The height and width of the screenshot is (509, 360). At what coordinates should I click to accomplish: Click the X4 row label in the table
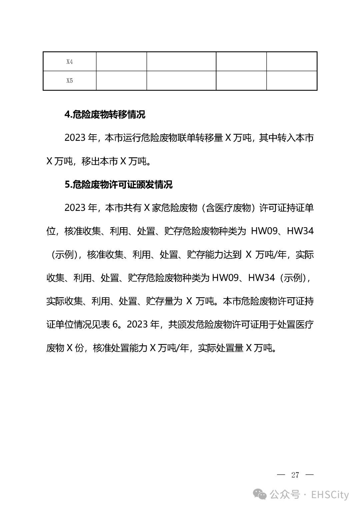[69, 62]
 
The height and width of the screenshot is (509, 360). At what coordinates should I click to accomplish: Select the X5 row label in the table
[69, 81]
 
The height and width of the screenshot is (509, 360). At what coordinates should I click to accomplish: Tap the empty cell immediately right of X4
[121, 62]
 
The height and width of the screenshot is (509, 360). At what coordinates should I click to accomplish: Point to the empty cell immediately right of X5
[121, 81]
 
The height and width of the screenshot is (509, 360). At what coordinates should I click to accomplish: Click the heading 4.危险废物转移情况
[105, 115]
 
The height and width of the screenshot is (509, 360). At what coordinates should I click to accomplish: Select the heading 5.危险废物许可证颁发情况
[118, 185]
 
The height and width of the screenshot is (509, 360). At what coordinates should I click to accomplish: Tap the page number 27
[295, 475]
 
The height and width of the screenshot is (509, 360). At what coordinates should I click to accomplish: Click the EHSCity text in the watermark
[330, 495]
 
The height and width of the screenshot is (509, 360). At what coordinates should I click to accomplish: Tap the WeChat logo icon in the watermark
[260, 495]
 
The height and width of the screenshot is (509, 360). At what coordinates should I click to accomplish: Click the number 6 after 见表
[115, 325]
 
